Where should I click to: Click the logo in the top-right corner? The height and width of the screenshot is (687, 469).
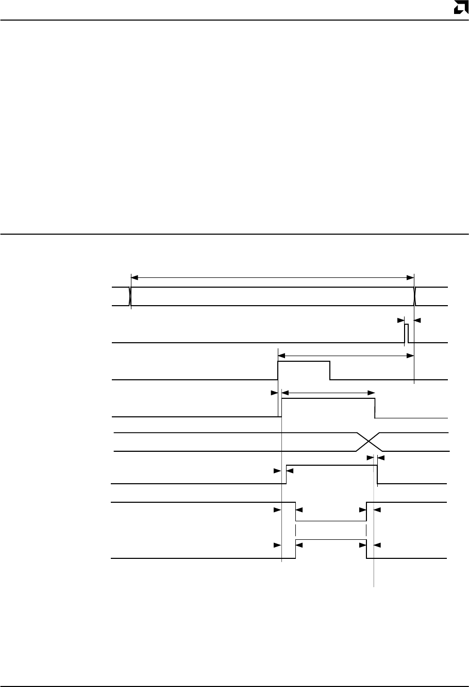pyautogui.click(x=460, y=8)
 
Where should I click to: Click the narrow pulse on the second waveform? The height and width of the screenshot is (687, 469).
pyautogui.click(x=406, y=333)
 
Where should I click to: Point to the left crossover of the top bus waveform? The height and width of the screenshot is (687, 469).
pyautogui.click(x=130, y=297)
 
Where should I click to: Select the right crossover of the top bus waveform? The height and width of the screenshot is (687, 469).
pyautogui.click(x=414, y=297)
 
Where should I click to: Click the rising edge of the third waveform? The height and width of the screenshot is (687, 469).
pyautogui.click(x=278, y=371)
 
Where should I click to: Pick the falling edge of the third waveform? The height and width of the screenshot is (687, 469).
pyautogui.click(x=330, y=371)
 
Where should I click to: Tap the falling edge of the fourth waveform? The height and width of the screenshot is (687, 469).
pyautogui.click(x=375, y=408)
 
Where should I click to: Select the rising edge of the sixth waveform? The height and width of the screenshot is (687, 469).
pyautogui.click(x=287, y=474)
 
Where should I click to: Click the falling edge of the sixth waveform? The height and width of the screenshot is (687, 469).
pyautogui.click(x=377, y=474)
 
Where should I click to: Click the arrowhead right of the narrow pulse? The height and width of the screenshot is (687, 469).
pyautogui.click(x=417, y=320)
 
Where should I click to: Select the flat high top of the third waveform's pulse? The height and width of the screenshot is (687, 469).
pyautogui.click(x=304, y=362)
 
